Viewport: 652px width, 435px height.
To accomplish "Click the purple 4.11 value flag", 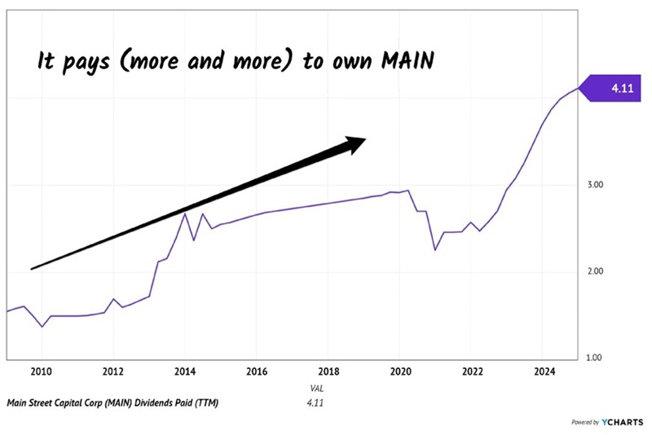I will [x=607, y=87].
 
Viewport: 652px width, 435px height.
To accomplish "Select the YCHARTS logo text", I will [x=623, y=423].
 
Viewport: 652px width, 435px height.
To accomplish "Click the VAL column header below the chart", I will [x=317, y=389].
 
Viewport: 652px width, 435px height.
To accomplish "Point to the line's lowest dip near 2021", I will [x=435, y=249].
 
